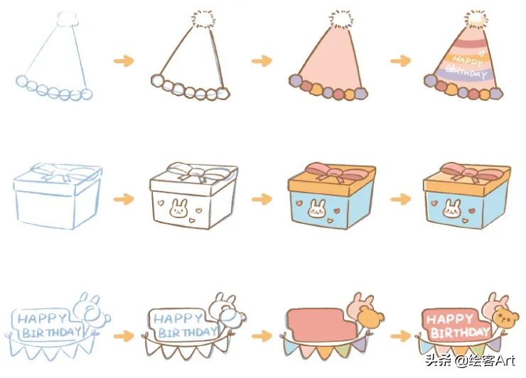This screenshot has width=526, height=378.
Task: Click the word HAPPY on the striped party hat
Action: [x=467, y=60]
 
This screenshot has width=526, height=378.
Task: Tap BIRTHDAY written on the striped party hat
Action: [x=466, y=72]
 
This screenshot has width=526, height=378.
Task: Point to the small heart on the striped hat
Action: [x=481, y=53]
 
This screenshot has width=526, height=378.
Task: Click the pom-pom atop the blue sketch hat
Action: [x=68, y=18]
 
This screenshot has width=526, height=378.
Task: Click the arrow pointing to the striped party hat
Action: [x=400, y=60]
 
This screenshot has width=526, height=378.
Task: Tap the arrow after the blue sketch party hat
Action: [x=124, y=60]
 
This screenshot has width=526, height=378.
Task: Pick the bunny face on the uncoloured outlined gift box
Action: [x=178, y=208]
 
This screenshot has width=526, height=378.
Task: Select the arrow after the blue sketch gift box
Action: [x=124, y=199]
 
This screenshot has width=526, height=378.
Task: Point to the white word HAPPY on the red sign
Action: [x=449, y=319]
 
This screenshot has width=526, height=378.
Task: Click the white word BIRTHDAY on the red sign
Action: [x=460, y=333]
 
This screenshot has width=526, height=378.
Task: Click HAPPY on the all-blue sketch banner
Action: [x=42, y=318]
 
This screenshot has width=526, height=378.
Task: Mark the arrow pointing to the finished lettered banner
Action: [x=400, y=335]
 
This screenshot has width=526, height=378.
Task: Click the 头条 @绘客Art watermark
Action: [x=470, y=361]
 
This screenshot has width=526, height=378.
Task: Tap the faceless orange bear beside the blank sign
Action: [x=370, y=318]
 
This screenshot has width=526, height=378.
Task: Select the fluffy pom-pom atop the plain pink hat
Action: [x=341, y=19]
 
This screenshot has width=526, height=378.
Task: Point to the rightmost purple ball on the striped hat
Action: [x=498, y=92]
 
